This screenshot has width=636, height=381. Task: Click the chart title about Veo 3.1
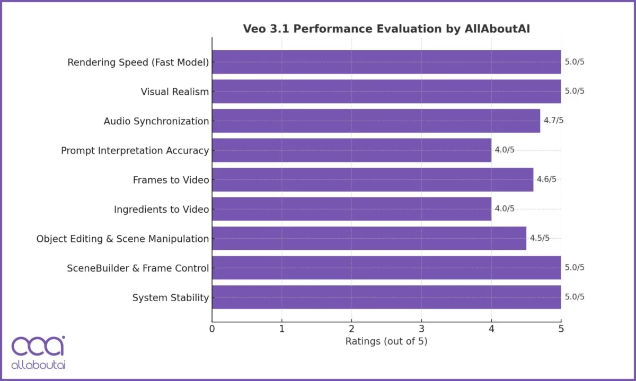pos(386,29)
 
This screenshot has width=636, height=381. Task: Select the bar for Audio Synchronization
pos(376,121)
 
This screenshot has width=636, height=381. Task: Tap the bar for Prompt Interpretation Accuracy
pos(351,150)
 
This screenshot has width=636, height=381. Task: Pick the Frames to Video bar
pos(373,179)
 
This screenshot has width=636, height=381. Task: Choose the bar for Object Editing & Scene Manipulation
pos(369,238)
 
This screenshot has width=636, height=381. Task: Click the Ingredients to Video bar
pos(351,209)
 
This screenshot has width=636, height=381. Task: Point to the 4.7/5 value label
pos(553,121)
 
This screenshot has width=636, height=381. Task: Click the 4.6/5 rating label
pos(546,179)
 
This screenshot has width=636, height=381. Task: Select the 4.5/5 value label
pos(540,238)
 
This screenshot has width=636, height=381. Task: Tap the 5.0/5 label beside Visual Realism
pos(575,91)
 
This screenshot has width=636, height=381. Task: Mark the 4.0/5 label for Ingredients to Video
pos(505,209)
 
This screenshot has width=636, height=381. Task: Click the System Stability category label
pos(171,298)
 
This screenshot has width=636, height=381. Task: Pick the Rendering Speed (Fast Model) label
pos(138,62)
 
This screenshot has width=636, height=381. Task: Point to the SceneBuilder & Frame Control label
pos(138,268)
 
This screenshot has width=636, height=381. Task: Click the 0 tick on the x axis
pos(212,329)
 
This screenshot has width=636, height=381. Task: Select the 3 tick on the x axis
pos(421,329)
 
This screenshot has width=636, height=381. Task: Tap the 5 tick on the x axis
pos(561,329)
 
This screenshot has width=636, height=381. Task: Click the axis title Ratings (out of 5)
pos(386,341)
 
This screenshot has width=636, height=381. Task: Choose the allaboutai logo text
pos(38,365)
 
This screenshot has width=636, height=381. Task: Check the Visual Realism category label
pos(175,92)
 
